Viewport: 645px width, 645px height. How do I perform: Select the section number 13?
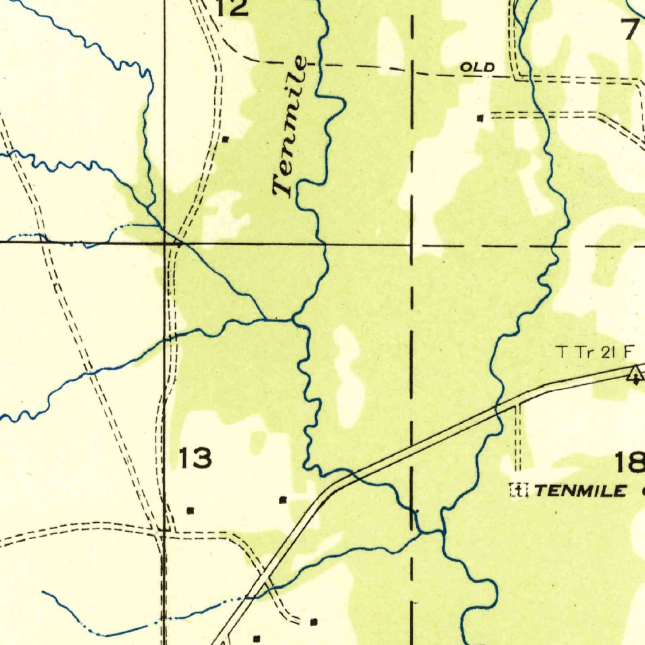195,458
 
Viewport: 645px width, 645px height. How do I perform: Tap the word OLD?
477,67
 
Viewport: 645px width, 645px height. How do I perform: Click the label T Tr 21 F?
595,352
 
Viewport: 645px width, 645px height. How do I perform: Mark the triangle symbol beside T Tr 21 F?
635,375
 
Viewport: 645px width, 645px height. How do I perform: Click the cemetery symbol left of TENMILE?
518,489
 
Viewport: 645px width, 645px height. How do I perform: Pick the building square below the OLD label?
481,118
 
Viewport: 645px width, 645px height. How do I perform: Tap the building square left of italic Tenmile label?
225,138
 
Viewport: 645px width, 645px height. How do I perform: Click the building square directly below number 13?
190,510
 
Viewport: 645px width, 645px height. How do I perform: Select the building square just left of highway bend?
283,500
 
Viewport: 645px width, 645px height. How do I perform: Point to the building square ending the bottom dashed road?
314,622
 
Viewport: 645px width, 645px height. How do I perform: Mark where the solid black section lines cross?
165,242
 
